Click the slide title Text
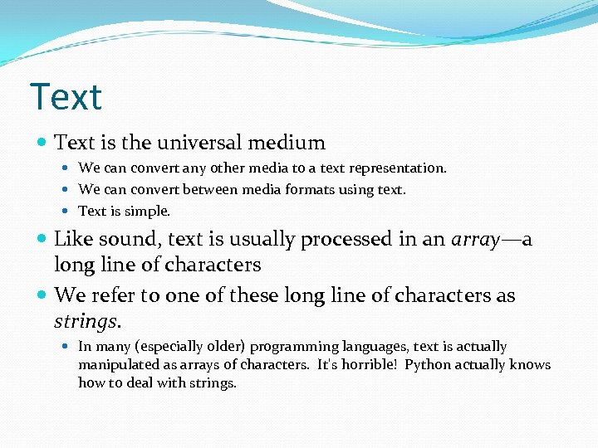66,97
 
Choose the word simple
148,212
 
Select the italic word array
476,240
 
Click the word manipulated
115,365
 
